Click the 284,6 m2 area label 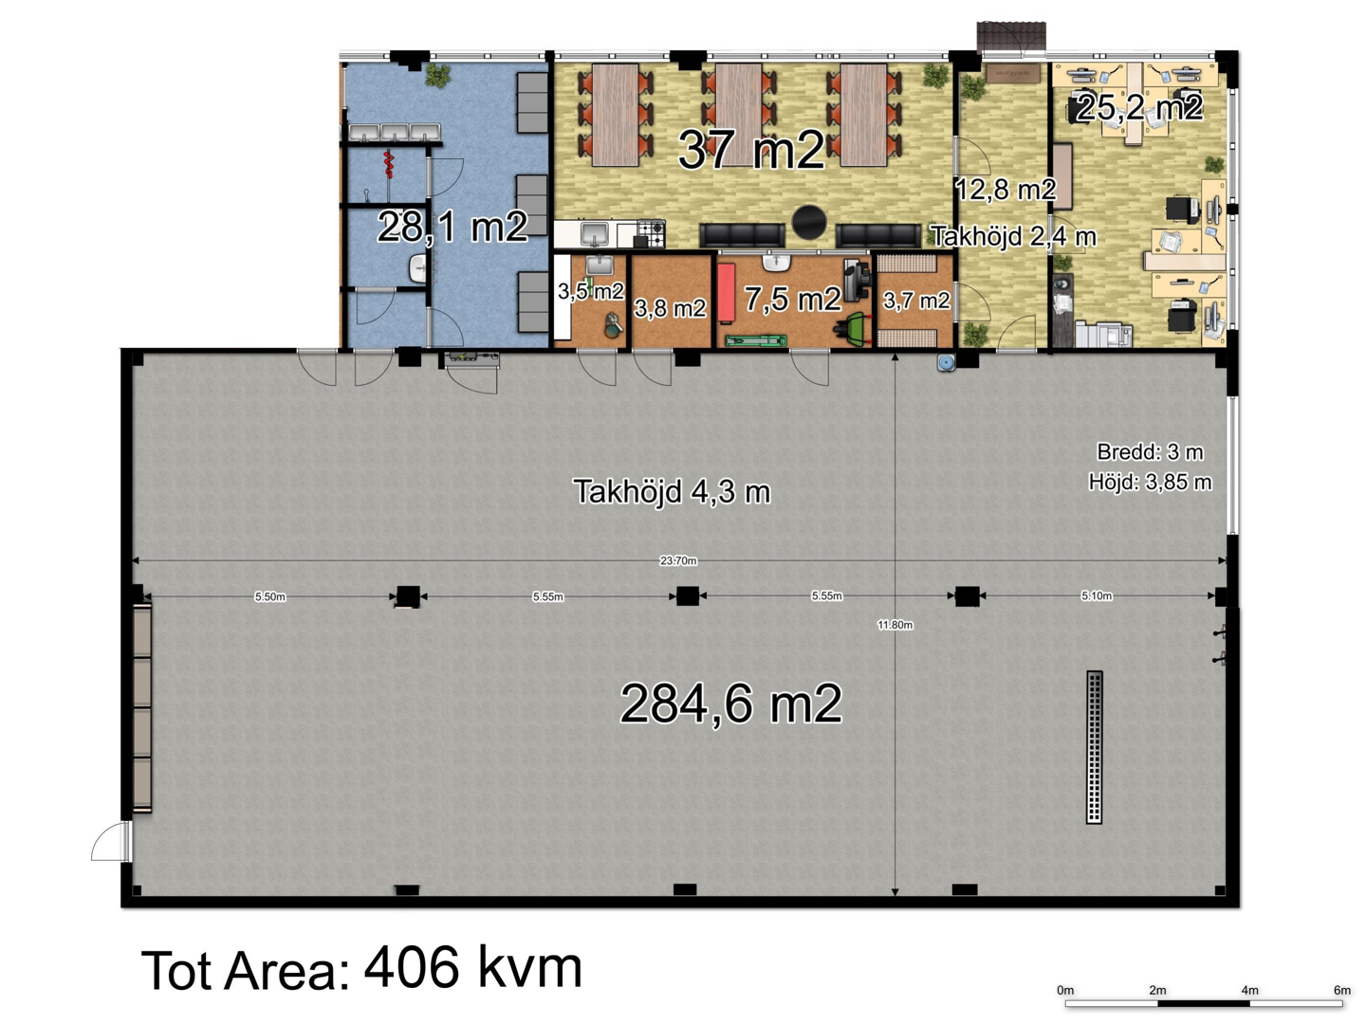pos(731,704)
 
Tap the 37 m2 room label pos(751,151)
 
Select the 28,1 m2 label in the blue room pos(452,227)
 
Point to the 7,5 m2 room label pos(793,299)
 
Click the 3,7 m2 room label pos(916,301)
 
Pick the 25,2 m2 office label pos(1139,107)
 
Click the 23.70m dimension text pos(677,560)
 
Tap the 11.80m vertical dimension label pos(895,625)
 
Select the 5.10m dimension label pos(1097,595)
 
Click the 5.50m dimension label pos(270,597)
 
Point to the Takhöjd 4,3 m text pos(672,492)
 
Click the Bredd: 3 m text pos(1150,452)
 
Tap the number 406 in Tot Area pos(410,967)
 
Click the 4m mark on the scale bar pos(1249,990)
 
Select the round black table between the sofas pos(809,223)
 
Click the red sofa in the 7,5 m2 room pos(727,293)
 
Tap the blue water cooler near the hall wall pos(947,362)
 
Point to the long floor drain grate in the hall pos(1094,747)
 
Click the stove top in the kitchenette pos(651,233)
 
